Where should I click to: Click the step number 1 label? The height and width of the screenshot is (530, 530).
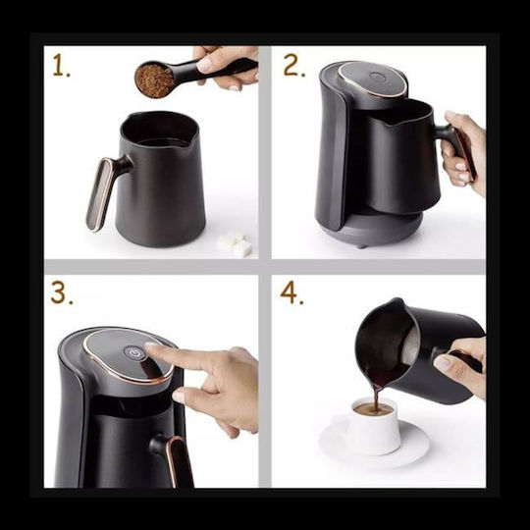61,67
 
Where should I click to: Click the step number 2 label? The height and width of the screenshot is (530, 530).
293,66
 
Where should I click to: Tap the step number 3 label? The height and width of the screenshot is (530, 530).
62,293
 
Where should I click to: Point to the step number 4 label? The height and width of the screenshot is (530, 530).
291,293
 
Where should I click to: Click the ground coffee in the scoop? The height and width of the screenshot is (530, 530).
154,80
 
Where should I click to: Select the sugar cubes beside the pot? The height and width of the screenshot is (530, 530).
235,243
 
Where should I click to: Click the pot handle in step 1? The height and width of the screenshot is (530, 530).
105,191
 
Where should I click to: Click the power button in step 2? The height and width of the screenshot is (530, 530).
377,77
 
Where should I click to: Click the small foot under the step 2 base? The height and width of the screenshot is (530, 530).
361,245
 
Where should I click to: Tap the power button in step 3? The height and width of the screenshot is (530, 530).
134,353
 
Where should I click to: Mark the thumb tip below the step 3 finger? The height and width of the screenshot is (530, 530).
180,396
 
